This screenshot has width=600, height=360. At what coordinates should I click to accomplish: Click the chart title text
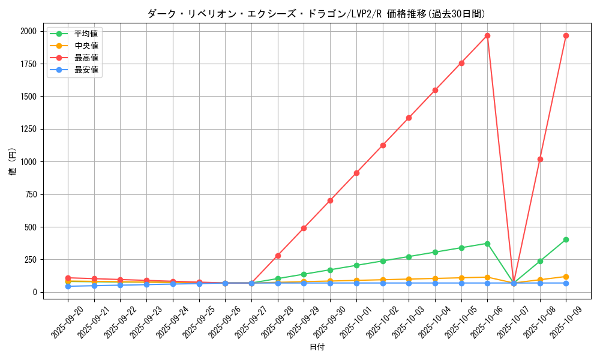pyautogui.click(x=316, y=14)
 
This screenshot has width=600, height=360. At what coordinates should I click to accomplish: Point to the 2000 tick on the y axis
pyautogui.click(x=28, y=31)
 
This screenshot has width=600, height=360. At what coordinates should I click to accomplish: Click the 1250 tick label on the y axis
pyautogui.click(x=28, y=129)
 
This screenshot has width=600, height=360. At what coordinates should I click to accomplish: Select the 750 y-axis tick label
pyautogui.click(x=30, y=194)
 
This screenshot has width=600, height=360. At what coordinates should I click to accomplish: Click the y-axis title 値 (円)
pyautogui.click(x=13, y=161)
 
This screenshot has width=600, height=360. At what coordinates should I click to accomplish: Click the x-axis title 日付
pyautogui.click(x=317, y=347)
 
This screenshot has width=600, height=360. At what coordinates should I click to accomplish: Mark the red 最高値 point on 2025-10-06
pyautogui.click(x=487, y=35)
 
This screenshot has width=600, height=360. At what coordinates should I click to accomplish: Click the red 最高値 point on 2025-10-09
pyautogui.click(x=566, y=35)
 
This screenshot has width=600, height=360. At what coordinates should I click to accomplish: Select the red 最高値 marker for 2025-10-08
pyautogui.click(x=540, y=159)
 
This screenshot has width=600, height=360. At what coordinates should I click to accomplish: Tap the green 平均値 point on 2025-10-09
pyautogui.click(x=566, y=239)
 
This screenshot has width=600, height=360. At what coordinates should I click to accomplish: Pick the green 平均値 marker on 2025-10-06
pyautogui.click(x=487, y=244)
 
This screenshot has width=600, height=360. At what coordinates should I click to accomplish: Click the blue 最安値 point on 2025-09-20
pyautogui.click(x=68, y=286)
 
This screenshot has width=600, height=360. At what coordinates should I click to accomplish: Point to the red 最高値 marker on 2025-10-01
pyautogui.click(x=356, y=173)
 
